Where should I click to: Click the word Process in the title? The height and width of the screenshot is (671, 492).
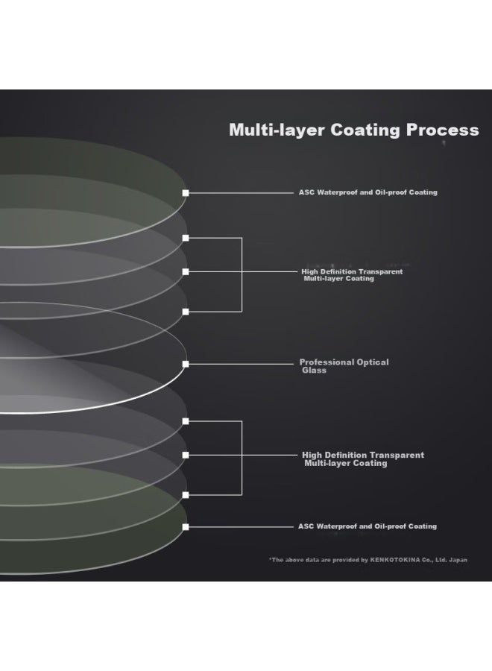442,130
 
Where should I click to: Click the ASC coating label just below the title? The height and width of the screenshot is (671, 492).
368,192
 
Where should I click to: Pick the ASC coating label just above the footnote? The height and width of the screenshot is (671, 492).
368,526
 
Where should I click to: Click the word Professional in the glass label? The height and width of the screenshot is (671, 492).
327,362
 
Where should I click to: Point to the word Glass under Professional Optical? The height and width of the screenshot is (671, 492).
314,371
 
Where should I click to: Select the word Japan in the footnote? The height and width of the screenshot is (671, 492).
458,560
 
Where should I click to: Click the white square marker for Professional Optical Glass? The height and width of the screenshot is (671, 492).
186,364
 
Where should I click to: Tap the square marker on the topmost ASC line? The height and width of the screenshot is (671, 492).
186,193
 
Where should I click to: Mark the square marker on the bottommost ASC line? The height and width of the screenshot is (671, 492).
186,527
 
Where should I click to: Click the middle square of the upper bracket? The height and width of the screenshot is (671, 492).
186,271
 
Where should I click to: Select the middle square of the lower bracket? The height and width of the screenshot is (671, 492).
186,455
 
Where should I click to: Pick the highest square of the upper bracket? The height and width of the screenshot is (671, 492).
186,238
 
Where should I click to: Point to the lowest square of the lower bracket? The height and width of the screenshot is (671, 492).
186,494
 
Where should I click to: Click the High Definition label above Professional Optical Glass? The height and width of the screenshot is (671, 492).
352,275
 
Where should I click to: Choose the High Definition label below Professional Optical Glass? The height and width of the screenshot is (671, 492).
362,459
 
